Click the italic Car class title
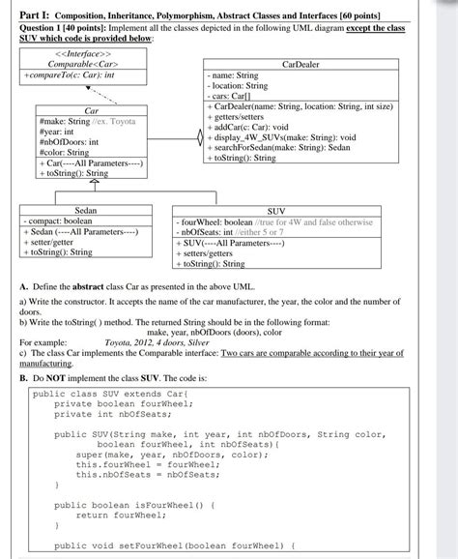pyautogui.click(x=93, y=110)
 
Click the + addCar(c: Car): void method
pyautogui.click(x=252, y=127)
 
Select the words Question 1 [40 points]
pyautogui.click(x=60, y=28)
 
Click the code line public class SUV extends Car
pyautogui.click(x=106, y=395)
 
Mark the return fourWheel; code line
pyautogui.click(x=118, y=515)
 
